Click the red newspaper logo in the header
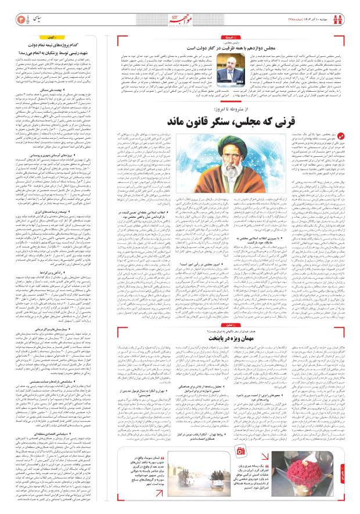[180, 16]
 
